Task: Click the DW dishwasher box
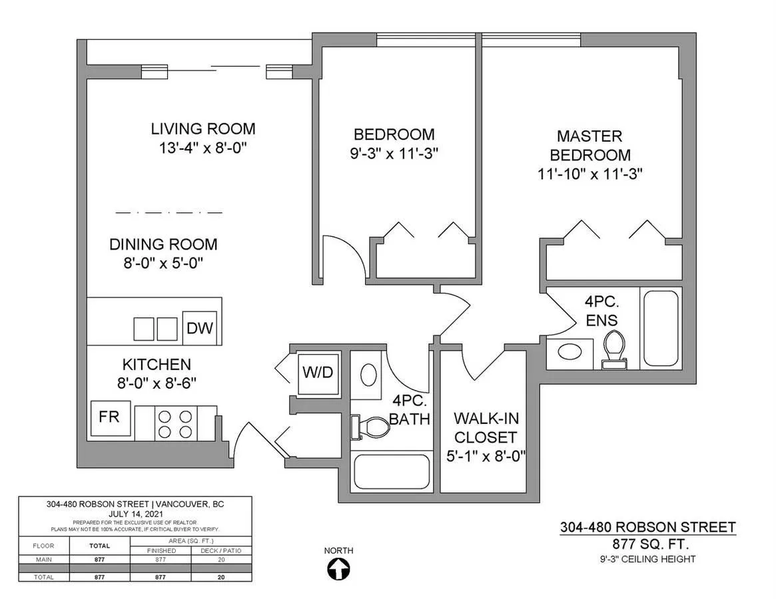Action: (x=199, y=328)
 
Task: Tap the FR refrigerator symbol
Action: (x=110, y=418)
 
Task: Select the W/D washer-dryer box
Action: (x=318, y=372)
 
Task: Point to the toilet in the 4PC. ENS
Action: (x=613, y=351)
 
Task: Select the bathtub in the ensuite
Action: (x=660, y=327)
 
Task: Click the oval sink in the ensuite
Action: (x=570, y=353)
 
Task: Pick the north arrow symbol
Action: (x=339, y=570)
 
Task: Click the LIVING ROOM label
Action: (x=203, y=128)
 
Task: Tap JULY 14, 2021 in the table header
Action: (x=135, y=514)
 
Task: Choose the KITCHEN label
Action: (x=157, y=365)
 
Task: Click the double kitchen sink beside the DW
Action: (x=156, y=328)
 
